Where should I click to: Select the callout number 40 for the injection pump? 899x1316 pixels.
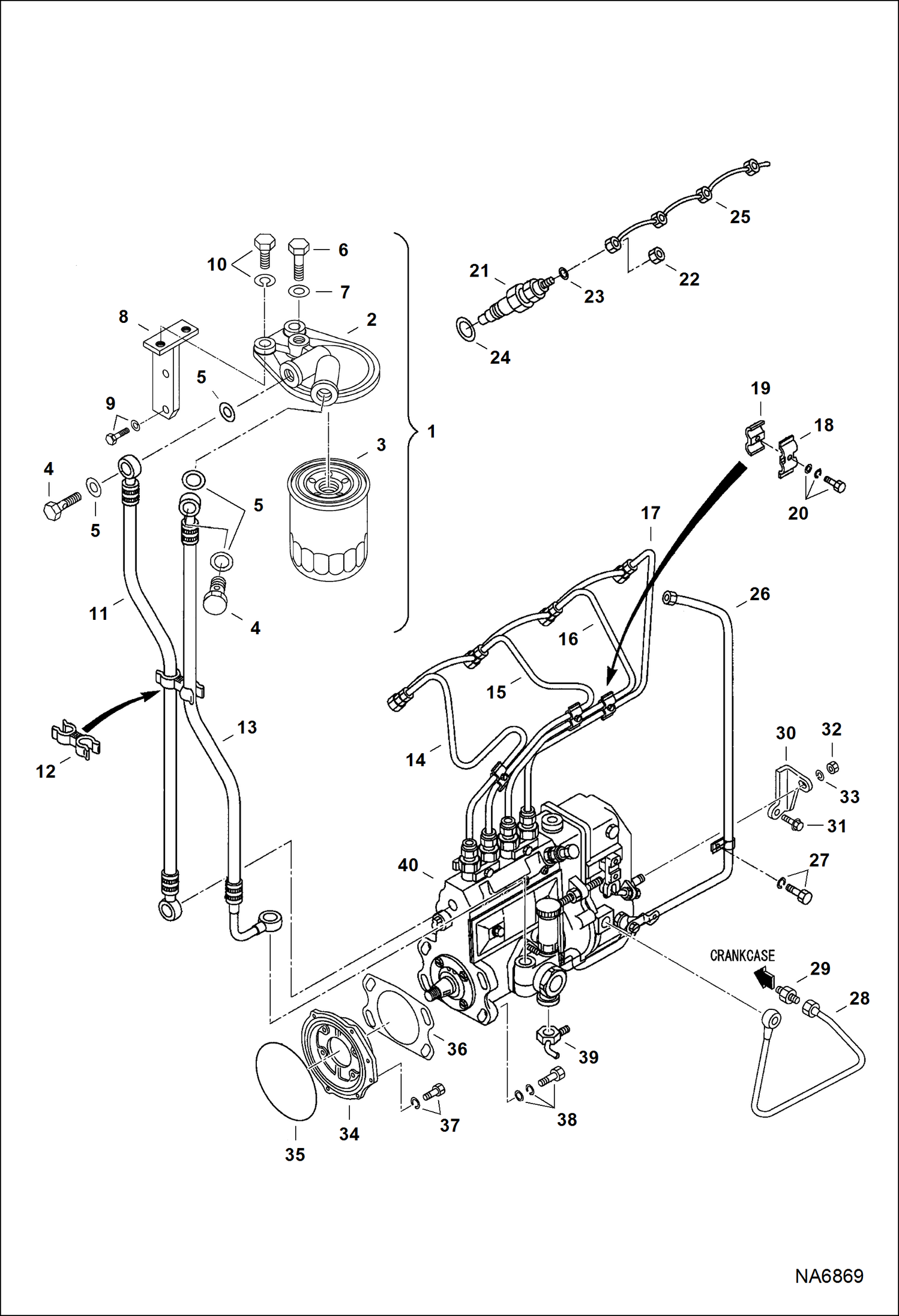click(408, 865)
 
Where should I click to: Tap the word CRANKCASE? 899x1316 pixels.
click(742, 955)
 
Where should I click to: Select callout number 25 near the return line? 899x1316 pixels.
click(740, 217)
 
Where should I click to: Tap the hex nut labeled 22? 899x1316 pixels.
click(657, 256)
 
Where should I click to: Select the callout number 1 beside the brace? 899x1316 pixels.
click(431, 431)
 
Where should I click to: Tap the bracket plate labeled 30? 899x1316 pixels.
click(787, 793)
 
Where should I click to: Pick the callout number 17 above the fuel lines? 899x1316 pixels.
click(651, 513)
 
